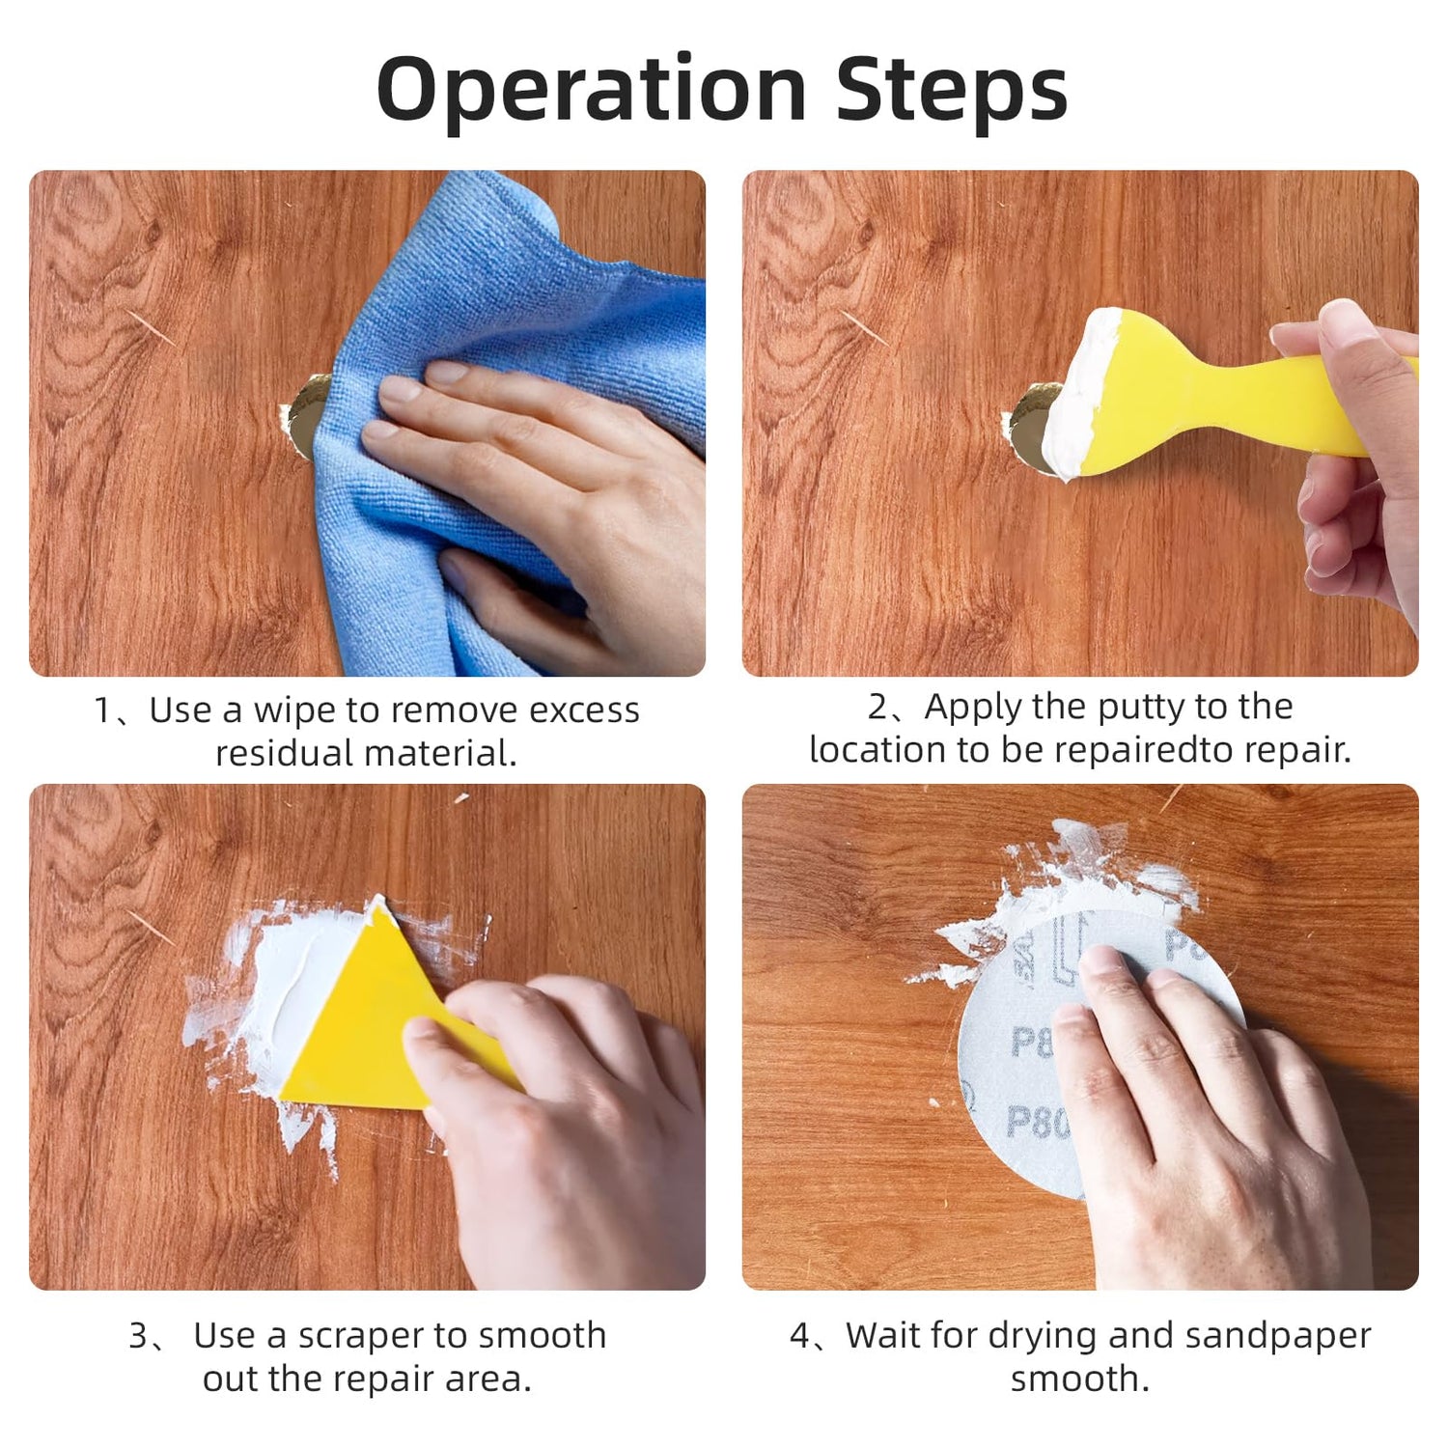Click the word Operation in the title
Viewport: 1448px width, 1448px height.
click(x=591, y=90)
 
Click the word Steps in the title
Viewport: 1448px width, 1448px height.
click(x=952, y=90)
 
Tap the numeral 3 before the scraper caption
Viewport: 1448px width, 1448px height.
click(x=139, y=1336)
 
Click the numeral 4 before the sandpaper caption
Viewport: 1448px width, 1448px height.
click(x=800, y=1336)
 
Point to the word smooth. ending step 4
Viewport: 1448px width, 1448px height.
click(x=1080, y=1379)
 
